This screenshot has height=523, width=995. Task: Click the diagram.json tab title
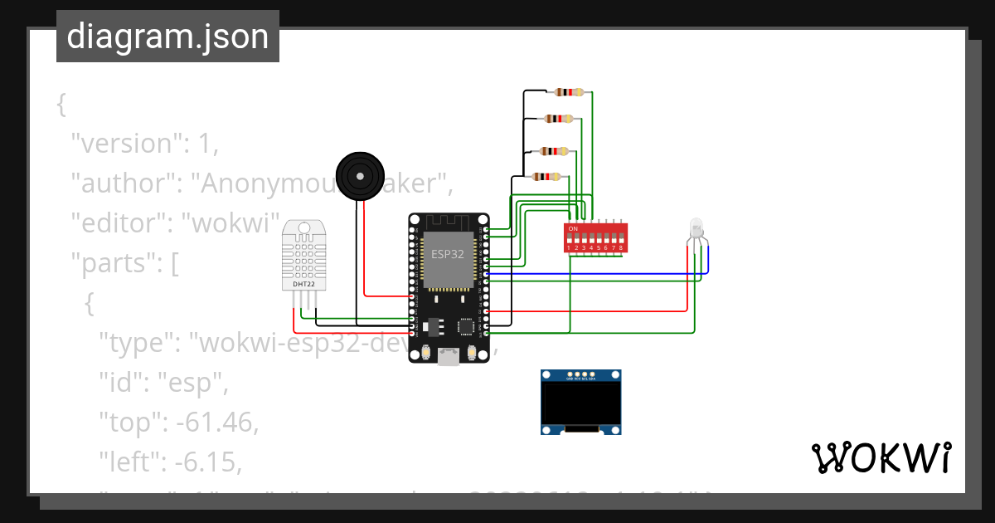click(167, 37)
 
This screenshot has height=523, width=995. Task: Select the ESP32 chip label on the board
click(448, 254)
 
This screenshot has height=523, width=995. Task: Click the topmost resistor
click(569, 93)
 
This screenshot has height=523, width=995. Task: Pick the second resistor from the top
click(561, 119)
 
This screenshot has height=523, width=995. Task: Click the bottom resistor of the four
click(546, 176)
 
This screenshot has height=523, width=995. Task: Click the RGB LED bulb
click(695, 228)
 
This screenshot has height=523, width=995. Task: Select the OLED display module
click(580, 403)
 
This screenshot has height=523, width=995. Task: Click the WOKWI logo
click(880, 457)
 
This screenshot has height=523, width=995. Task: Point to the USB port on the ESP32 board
click(449, 357)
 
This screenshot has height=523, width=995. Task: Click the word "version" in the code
click(125, 143)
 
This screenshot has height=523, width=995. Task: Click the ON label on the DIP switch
click(573, 227)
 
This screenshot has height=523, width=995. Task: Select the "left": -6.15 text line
click(170, 462)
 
